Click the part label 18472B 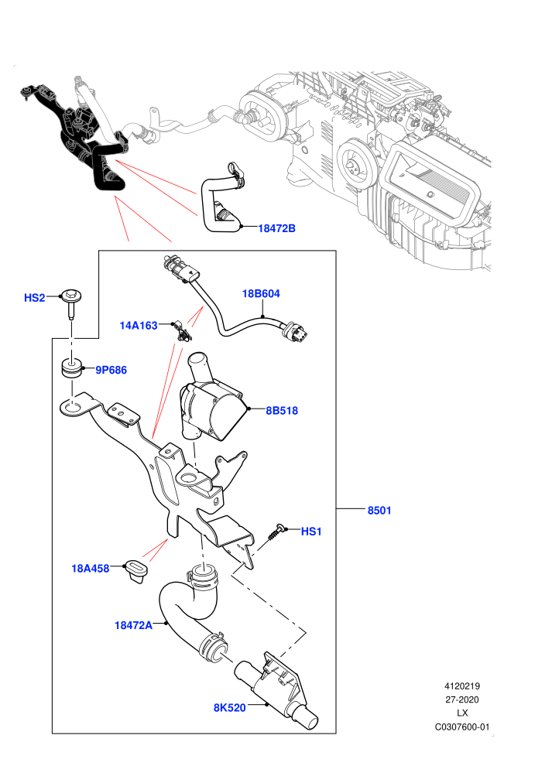276,228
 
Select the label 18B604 261,293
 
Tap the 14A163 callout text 139,325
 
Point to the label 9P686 111,370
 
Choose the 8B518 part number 282,410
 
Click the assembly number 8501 379,511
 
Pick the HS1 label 311,532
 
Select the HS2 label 35,298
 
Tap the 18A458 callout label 91,568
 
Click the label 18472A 133,625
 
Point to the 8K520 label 230,707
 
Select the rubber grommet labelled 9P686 72,369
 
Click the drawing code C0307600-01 461,727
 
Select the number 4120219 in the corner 461,686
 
